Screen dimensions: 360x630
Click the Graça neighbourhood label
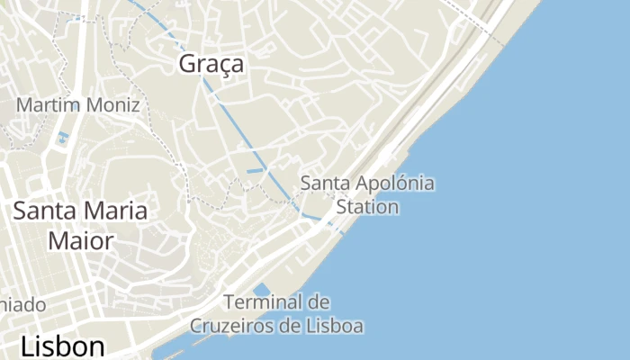pyautogui.click(x=211, y=65)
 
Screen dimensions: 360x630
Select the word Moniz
pyautogui.click(x=112, y=105)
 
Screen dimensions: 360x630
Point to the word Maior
pyautogui.click(x=81, y=241)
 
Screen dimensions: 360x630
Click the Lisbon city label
pyautogui.click(x=62, y=346)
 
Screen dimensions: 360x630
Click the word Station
pyautogui.click(x=366, y=207)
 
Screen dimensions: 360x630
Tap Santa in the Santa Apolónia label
pyautogui.click(x=321, y=184)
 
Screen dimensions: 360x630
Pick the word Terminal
pyautogui.click(x=262, y=302)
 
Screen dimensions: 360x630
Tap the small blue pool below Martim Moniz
pyautogui.click(x=62, y=138)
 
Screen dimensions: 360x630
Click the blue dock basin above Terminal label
pyautogui.click(x=262, y=289)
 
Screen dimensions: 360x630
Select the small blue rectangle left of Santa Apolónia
pyautogui.click(x=256, y=170)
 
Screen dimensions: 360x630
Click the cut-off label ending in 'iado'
pyautogui.click(x=22, y=304)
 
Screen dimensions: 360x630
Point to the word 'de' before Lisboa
pyautogui.click(x=290, y=326)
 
